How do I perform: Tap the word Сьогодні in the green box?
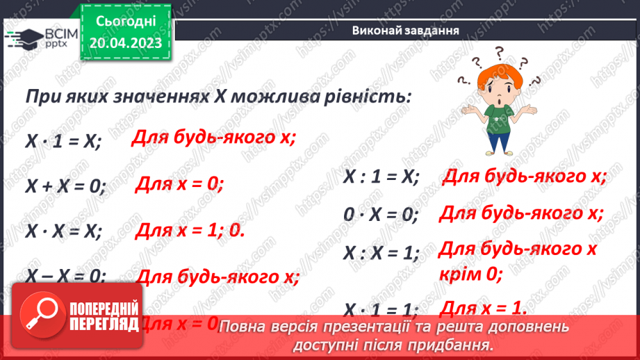[x=126, y=22]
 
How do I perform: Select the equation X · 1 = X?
[x=63, y=141]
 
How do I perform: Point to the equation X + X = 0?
[x=66, y=186]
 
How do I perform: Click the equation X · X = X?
[x=64, y=231]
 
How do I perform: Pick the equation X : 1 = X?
[x=381, y=178]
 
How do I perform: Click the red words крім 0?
[x=470, y=274]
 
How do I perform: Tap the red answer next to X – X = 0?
[x=218, y=277]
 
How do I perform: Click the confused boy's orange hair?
[x=499, y=72]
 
